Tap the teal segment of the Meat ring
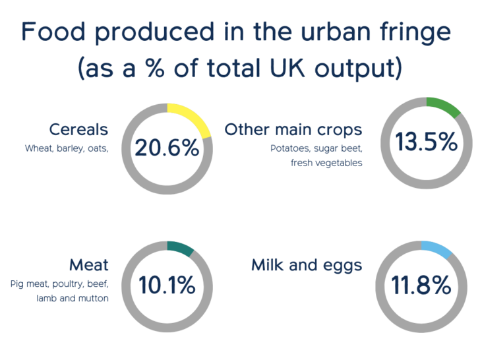[x=181, y=249]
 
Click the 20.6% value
[x=167, y=148]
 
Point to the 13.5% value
[x=426, y=142]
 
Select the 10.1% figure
[x=167, y=286]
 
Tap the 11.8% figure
[x=421, y=286]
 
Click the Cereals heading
[x=78, y=129]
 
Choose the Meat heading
[x=89, y=265]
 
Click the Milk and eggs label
[x=307, y=265]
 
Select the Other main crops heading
[x=293, y=129]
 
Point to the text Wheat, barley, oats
[x=67, y=148]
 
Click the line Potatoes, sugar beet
[x=316, y=148]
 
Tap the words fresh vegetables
[x=326, y=163]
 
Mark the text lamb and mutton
[x=72, y=298]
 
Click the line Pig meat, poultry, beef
[x=59, y=284]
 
